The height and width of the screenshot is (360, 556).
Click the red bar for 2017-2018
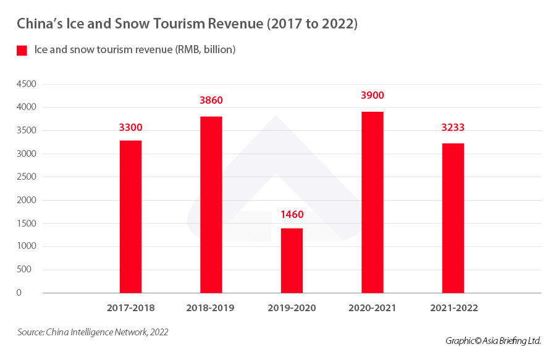tap(130, 217)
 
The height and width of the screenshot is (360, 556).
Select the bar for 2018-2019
tap(211, 204)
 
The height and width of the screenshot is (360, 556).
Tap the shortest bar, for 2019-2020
tap(292, 260)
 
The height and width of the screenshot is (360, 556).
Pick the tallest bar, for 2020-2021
tap(373, 202)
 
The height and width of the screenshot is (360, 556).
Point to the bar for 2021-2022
tap(453, 218)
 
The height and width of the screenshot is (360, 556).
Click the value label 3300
tap(130, 128)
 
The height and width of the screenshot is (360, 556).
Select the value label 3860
tap(211, 100)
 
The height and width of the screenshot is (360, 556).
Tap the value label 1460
tap(292, 215)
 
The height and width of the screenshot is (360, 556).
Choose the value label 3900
tap(373, 95)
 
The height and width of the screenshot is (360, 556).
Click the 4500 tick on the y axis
tap(27, 84)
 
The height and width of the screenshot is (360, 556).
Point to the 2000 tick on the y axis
tap(27, 200)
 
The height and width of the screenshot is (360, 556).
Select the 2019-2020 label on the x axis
tap(292, 308)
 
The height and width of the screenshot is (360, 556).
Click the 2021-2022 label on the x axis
tap(453, 308)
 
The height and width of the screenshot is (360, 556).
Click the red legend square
tap(22, 50)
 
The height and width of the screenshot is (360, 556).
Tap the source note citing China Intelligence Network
tap(93, 332)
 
